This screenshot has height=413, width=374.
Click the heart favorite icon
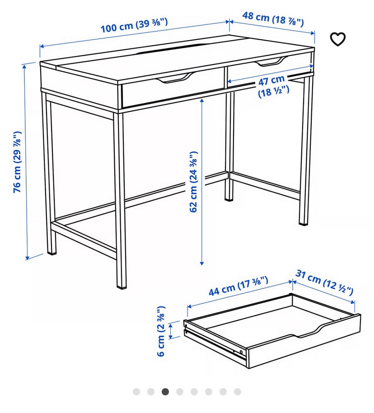[338, 39]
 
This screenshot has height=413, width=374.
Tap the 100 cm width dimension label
[134, 25]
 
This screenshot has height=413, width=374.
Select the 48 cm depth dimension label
[273, 19]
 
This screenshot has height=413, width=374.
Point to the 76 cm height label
[17, 162]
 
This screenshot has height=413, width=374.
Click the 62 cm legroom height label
[193, 182]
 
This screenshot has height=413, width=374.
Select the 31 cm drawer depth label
[324, 282]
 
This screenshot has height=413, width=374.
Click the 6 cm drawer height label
[161, 331]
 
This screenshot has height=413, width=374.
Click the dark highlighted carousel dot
[165, 392]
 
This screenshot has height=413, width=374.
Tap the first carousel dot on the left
[136, 392]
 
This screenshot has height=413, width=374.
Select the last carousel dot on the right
[238, 392]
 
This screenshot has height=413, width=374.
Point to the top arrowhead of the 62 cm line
[202, 100]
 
